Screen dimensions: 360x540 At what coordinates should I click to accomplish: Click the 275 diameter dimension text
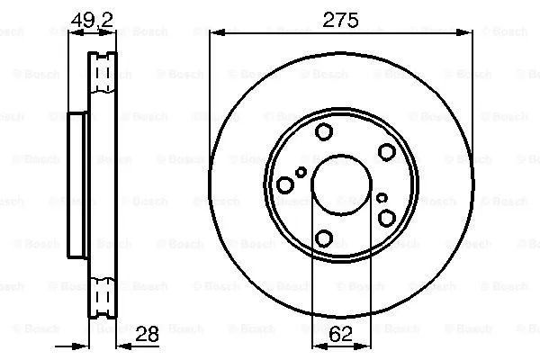340,19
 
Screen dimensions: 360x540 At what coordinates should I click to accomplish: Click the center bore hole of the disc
340,185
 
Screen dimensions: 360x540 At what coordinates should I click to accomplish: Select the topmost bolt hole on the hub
324,132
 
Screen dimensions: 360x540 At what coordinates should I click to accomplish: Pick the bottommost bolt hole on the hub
324,238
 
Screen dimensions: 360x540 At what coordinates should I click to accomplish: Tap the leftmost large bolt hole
285,185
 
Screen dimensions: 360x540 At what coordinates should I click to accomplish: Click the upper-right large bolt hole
386,153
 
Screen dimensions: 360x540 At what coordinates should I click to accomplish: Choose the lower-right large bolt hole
386,218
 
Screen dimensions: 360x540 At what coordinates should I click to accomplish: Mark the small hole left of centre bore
301,171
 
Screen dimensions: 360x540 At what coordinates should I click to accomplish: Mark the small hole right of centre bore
382,197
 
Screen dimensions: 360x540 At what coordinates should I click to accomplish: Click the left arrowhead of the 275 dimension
214,33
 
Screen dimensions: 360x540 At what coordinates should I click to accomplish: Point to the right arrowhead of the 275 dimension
467,33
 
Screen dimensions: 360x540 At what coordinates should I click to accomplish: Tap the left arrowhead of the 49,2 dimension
74,33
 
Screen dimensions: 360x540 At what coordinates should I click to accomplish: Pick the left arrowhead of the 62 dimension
317,345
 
